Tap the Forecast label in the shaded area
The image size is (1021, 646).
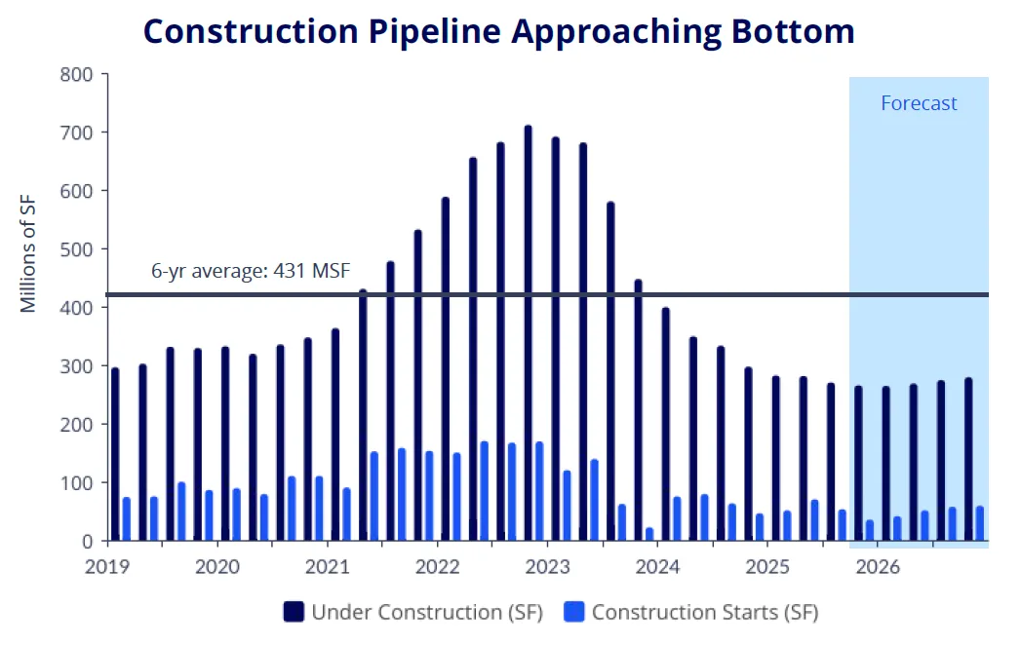(x=919, y=103)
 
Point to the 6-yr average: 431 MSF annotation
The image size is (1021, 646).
(x=250, y=272)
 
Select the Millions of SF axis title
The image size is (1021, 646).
(x=28, y=252)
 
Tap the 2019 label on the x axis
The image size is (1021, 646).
(x=106, y=566)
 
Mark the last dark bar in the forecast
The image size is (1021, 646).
(x=968, y=459)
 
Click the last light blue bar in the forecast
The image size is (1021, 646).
(x=979, y=523)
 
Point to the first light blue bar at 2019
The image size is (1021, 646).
(x=126, y=519)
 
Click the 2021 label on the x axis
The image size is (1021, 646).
(x=327, y=566)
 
